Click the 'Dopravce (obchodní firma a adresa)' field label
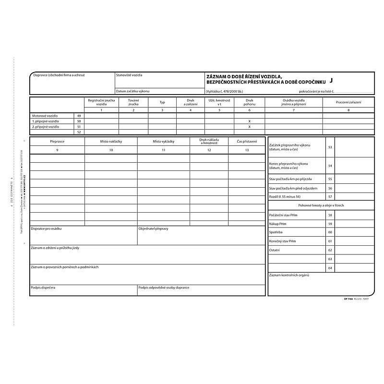[x=58, y=75]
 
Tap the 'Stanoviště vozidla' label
[x=129, y=75]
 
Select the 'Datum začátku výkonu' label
[x=132, y=91]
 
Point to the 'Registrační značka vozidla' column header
[x=101, y=102]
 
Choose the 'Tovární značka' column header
[x=133, y=102]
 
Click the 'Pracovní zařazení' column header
[x=348, y=102]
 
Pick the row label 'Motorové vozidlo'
[x=44, y=116]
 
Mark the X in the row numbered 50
[x=249, y=121]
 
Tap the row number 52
[x=79, y=132]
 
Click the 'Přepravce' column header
[x=57, y=142]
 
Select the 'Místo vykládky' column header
[x=163, y=142]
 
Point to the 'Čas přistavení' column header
[x=247, y=142]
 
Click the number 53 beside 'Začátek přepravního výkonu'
[x=330, y=147]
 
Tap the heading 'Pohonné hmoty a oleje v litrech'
[x=321, y=205]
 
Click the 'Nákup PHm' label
[x=278, y=224]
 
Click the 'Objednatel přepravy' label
[x=153, y=228]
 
